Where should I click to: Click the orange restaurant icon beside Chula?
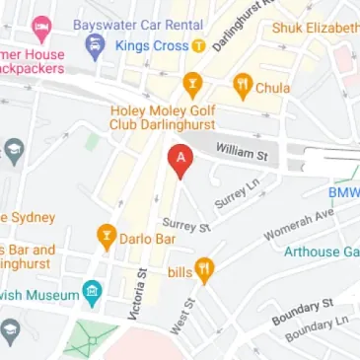coord(242,88)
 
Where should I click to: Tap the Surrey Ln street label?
coord(230,194)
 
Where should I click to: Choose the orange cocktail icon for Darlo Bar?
coord(105,237)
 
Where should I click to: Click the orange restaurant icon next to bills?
coord(204,269)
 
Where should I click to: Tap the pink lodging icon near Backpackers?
coord(41,28)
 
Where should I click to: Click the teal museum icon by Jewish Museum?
coord(92,292)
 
